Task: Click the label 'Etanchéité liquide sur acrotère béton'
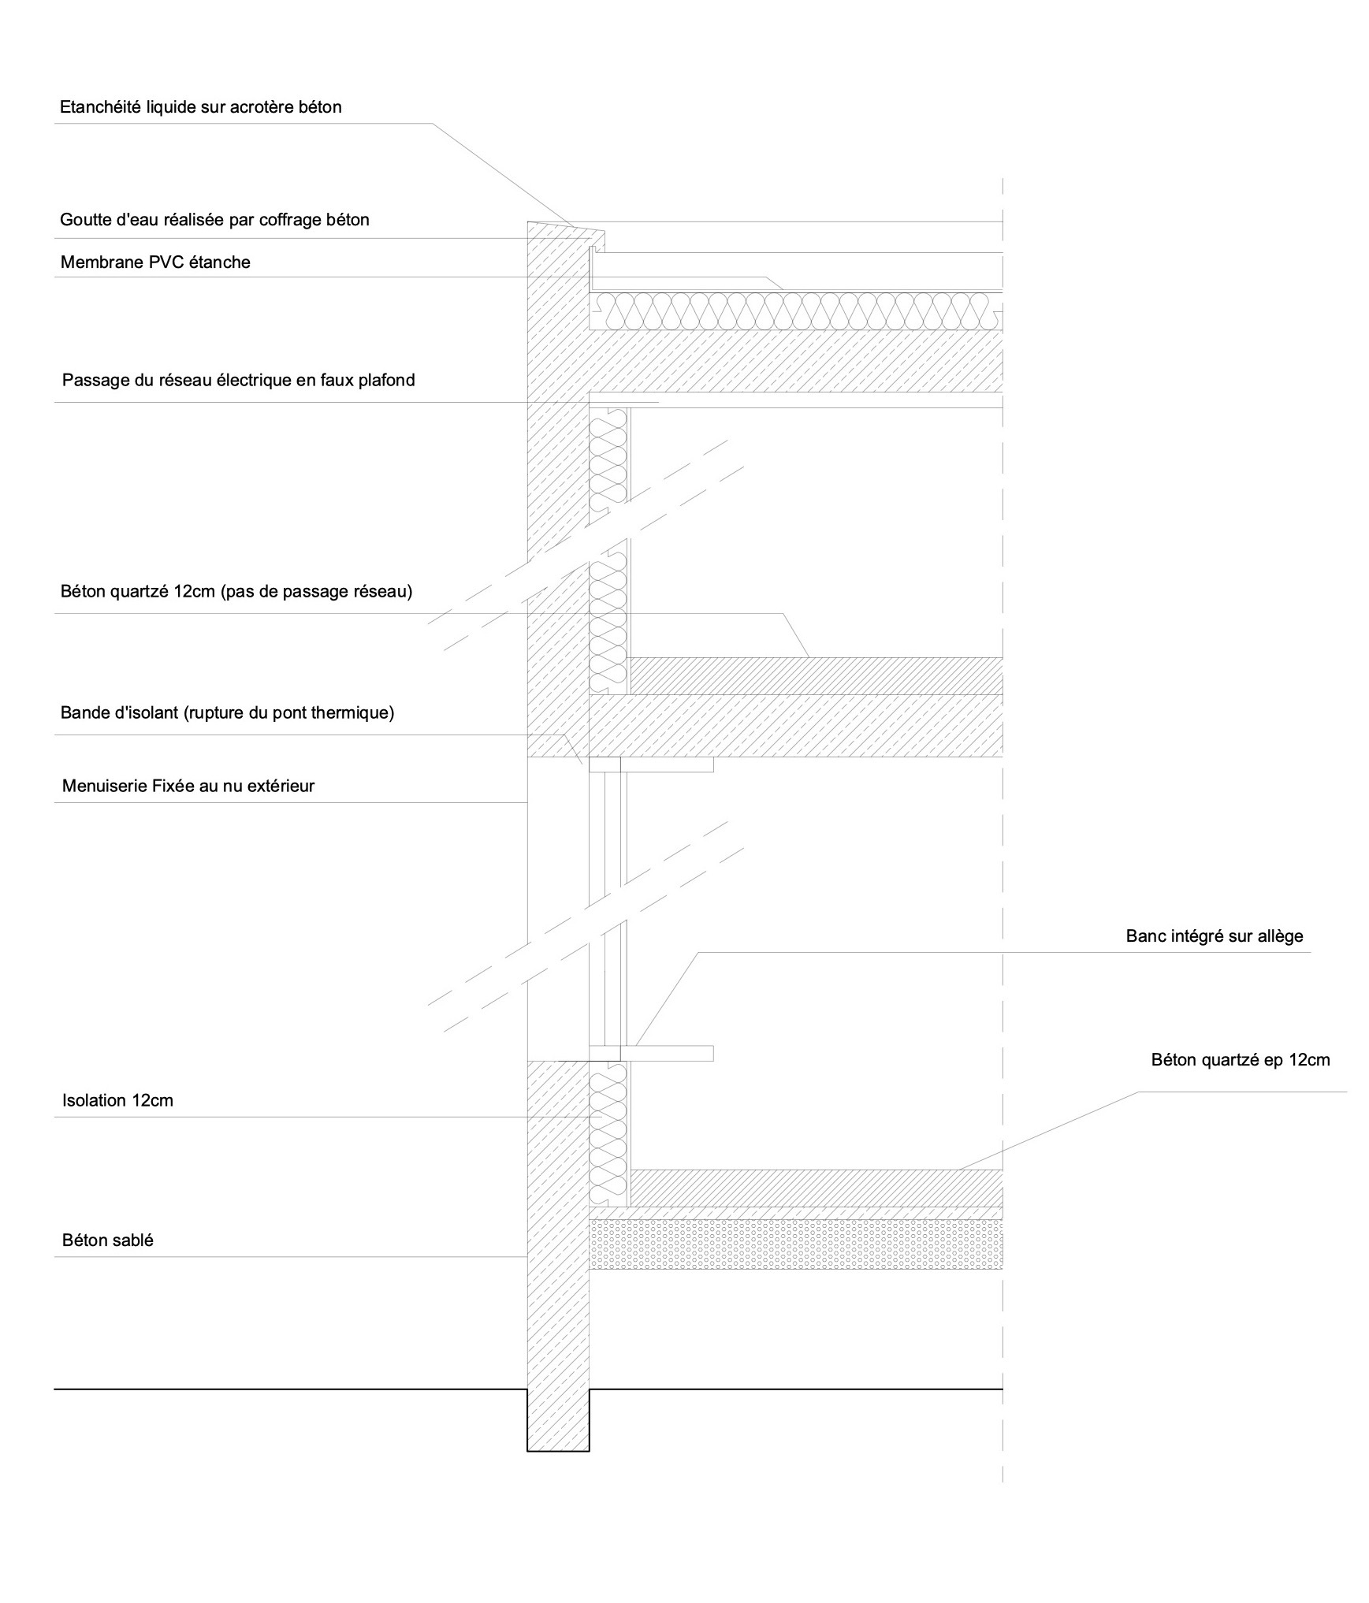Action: pyautogui.click(x=201, y=107)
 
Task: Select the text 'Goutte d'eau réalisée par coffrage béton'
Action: pyautogui.click(x=214, y=220)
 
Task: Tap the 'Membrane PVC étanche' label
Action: pyautogui.click(x=155, y=262)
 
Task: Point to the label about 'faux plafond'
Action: pyautogui.click(x=238, y=380)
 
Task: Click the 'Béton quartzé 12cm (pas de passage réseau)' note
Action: pyautogui.click(x=236, y=591)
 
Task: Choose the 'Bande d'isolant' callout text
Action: pyautogui.click(x=227, y=713)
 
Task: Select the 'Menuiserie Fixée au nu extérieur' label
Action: pyautogui.click(x=188, y=786)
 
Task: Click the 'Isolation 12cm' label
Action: pyautogui.click(x=117, y=1100)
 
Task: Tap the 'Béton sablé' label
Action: pyautogui.click(x=107, y=1240)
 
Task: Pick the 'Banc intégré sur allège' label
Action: pyautogui.click(x=1215, y=936)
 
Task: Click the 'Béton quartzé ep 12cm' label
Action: pyautogui.click(x=1241, y=1060)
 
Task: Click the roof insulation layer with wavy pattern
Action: pyautogui.click(x=796, y=311)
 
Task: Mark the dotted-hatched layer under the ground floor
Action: pyautogui.click(x=796, y=1244)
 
